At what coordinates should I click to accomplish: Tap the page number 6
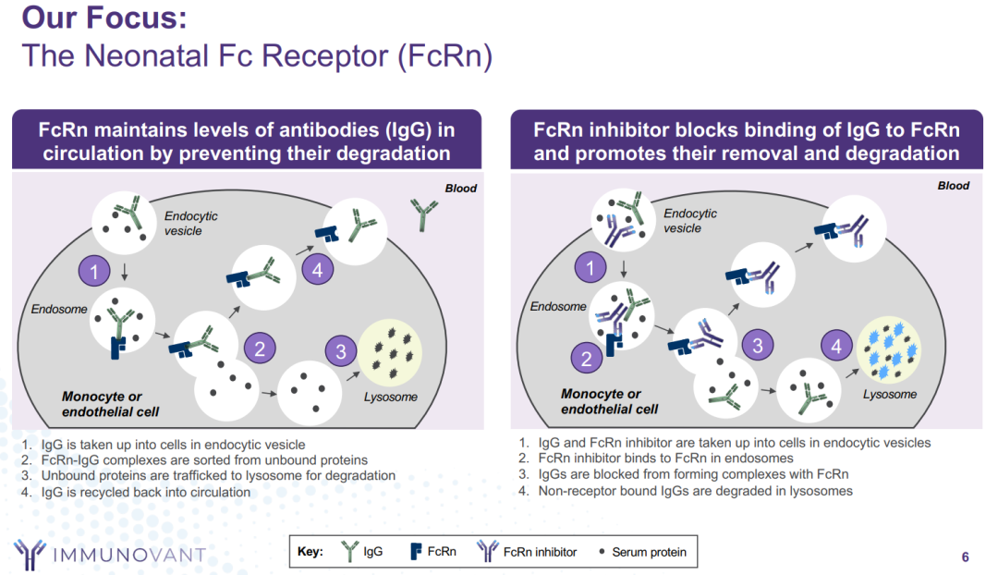965,557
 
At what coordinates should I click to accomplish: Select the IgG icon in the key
350,552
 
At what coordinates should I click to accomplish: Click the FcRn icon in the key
416,552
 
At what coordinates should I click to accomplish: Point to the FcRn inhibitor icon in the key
487,552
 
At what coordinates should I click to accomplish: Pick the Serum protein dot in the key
602,552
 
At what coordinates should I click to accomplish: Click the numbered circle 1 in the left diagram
95,271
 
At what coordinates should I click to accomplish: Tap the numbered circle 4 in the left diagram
317,270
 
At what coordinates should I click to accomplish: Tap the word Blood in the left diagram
461,189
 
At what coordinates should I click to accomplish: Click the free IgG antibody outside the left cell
423,214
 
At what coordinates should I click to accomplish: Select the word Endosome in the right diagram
558,306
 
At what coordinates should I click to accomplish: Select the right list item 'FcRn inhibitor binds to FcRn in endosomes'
665,458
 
